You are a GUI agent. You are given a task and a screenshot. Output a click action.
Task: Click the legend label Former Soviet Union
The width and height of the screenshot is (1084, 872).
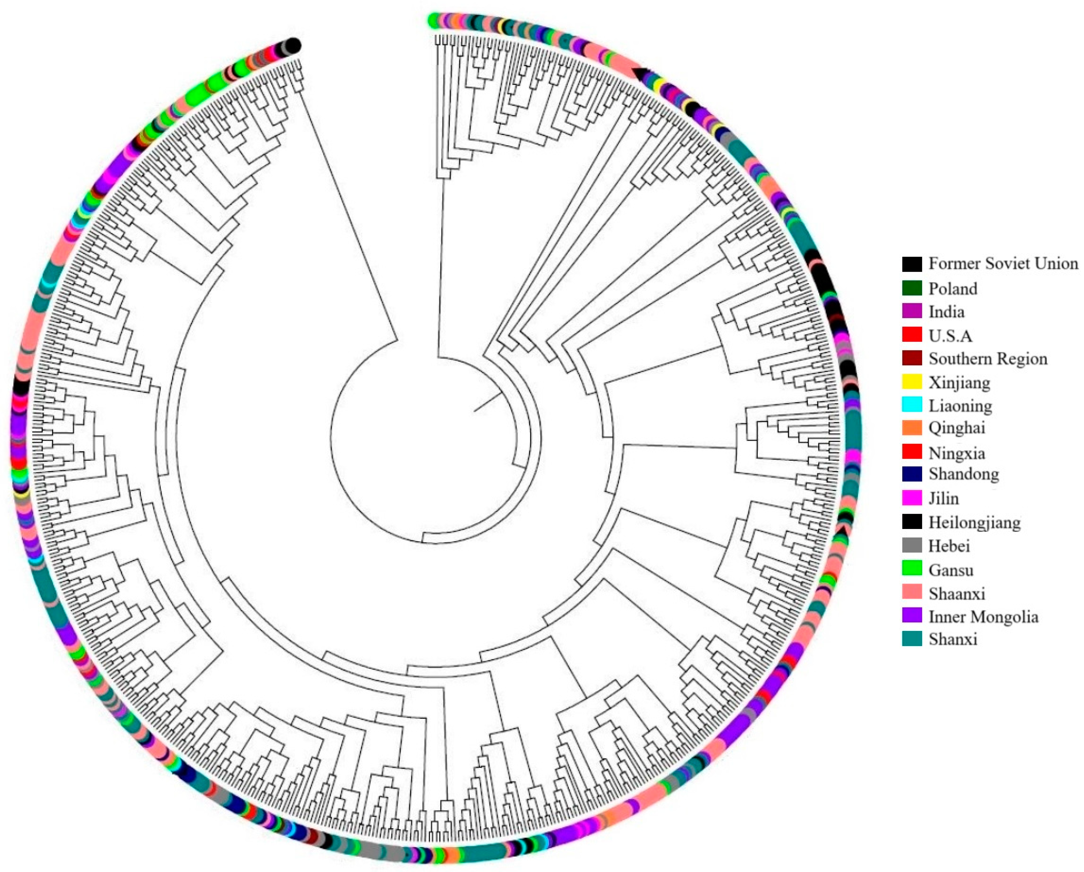(x=1003, y=263)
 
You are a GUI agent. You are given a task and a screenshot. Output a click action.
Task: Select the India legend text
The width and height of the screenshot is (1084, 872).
(x=946, y=312)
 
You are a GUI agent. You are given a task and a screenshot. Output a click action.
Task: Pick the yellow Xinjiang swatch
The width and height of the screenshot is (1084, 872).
(x=912, y=382)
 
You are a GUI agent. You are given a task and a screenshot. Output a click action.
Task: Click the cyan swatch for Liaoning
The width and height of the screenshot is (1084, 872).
(x=912, y=405)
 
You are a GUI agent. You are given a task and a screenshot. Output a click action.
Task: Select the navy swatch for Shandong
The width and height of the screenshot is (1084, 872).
(x=912, y=474)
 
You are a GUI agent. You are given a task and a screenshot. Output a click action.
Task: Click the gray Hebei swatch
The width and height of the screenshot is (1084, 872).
(x=912, y=545)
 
